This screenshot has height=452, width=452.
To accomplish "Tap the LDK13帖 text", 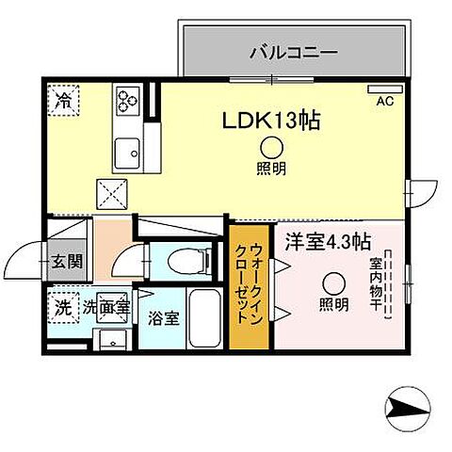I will [x=268, y=120].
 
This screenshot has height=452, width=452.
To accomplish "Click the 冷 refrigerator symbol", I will [x=65, y=97].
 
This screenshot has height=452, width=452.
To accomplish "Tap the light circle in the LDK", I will [x=271, y=146].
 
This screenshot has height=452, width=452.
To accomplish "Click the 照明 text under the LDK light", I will [x=271, y=169].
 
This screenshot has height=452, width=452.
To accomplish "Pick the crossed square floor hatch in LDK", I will [x=114, y=195].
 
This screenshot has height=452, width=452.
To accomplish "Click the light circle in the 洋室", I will [x=331, y=282].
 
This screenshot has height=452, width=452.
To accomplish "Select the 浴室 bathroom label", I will [x=163, y=317].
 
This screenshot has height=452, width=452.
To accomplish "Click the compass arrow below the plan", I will [x=410, y=409].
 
